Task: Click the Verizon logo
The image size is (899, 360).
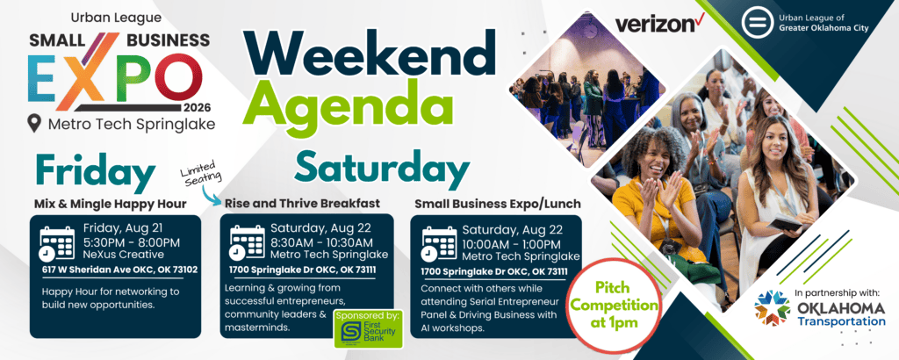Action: (659, 24)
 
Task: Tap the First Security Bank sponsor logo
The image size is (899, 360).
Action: (369, 329)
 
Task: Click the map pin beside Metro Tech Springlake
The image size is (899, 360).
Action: (35, 124)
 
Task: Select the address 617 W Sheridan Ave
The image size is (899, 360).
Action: (119, 270)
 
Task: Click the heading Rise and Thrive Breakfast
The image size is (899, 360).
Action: (302, 204)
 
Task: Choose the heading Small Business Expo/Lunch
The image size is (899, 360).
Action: (498, 204)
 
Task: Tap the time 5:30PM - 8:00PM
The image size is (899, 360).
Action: (132, 242)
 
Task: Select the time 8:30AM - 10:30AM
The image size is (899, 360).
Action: (321, 242)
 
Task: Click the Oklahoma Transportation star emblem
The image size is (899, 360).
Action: (772, 308)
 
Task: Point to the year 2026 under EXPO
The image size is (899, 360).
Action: (198, 108)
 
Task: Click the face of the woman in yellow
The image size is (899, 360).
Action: (653, 155)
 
